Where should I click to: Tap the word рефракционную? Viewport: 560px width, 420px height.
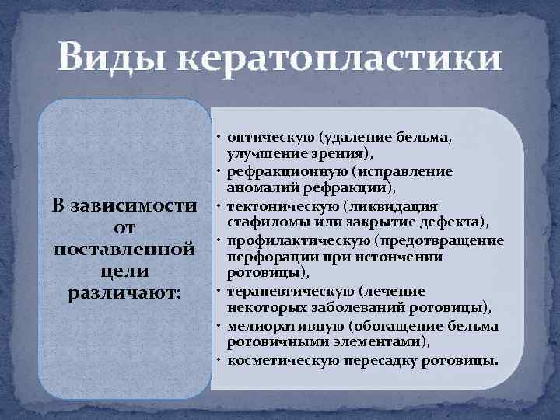pyautogui.click(x=276, y=171)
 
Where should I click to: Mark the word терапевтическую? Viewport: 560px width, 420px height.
pyautogui.click(x=278, y=291)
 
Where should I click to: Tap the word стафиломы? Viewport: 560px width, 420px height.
pyautogui.click(x=257, y=222)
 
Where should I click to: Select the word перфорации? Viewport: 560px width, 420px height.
pyautogui.click(x=261, y=257)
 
